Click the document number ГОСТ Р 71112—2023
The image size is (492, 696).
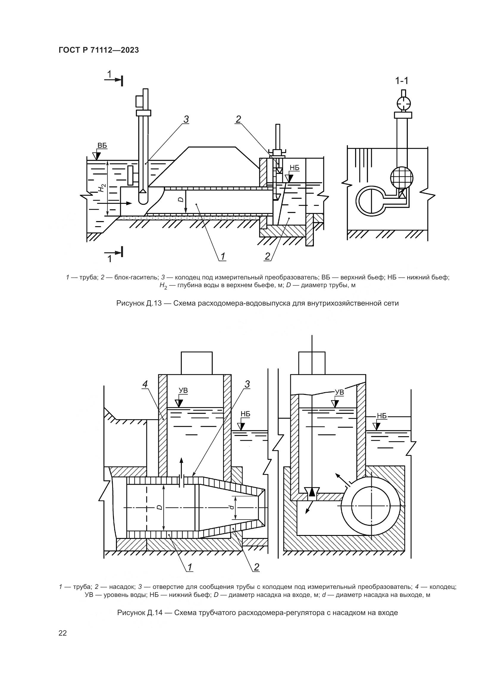99,50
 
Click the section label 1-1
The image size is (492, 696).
401,81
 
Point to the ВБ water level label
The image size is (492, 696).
102,146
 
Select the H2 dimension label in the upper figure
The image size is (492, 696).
102,188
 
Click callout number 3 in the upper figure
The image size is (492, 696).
186,119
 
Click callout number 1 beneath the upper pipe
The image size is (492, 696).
223,256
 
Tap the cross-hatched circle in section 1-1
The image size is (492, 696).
402,178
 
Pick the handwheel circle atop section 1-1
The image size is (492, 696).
403,103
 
